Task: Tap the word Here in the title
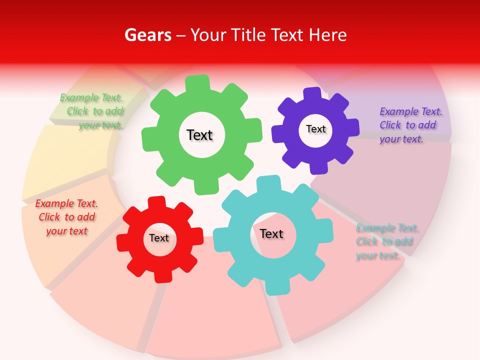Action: (327, 35)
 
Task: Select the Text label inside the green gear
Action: (199, 135)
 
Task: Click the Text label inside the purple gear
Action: (315, 129)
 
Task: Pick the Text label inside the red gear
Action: (159, 238)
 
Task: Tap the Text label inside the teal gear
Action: (271, 233)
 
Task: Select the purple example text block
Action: (410, 125)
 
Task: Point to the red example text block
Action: (66, 217)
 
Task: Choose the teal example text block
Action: (387, 242)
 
